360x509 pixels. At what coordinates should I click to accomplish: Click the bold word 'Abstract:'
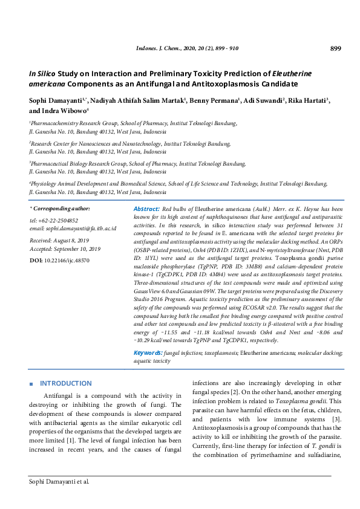coord(146,208)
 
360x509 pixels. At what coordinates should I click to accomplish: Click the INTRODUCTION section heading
coord(65,383)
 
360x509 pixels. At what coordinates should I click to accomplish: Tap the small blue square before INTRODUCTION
coord(31,384)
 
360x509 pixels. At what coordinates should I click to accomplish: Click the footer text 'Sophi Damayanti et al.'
coord(59,482)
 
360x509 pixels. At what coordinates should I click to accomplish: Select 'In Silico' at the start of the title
coord(43,73)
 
